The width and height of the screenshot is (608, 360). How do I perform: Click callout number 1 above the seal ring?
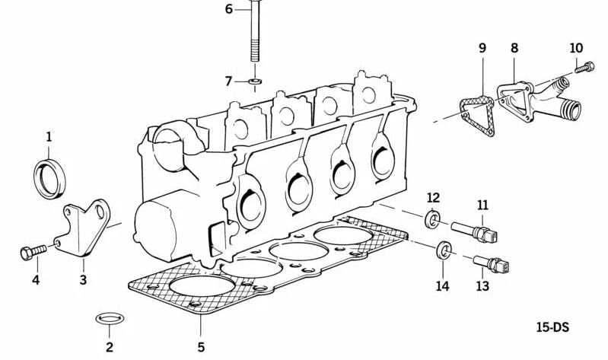[49, 137]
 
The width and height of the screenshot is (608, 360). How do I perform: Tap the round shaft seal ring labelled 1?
[50, 180]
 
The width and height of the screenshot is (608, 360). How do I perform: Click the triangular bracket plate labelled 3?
[84, 228]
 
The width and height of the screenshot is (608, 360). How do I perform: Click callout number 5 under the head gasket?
[201, 348]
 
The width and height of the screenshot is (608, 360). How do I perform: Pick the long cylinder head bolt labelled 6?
[254, 34]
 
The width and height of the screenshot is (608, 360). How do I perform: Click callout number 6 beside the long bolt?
[228, 10]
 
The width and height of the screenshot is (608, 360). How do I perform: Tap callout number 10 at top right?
[576, 49]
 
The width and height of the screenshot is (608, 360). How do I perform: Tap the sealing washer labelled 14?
[443, 251]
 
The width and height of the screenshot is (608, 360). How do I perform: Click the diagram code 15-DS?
[552, 328]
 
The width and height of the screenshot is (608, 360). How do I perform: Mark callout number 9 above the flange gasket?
[482, 49]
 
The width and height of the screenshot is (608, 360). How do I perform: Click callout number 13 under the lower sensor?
[482, 286]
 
